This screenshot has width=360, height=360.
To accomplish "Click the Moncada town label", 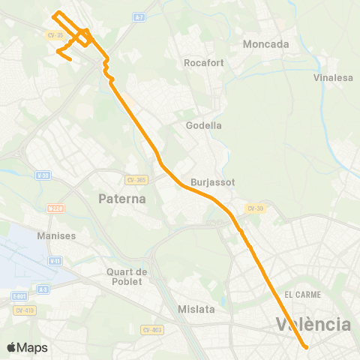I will click(x=266, y=44).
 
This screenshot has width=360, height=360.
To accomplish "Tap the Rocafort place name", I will click(x=201, y=63).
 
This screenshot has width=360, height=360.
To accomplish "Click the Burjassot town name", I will click(x=213, y=182).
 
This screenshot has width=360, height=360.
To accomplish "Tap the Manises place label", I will click(x=56, y=235).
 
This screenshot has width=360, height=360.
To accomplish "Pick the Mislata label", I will click(x=196, y=308).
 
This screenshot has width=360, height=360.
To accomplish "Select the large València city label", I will click(x=313, y=325).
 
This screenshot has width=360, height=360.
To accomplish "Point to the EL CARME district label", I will click(x=303, y=295).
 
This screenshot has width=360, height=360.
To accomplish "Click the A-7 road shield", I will click(x=139, y=16).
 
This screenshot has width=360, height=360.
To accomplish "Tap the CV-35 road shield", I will click(x=53, y=34).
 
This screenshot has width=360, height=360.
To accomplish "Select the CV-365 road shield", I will click(x=137, y=179).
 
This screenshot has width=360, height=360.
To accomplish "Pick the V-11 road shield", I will click(x=54, y=261).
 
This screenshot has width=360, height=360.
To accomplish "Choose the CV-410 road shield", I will click(x=25, y=310).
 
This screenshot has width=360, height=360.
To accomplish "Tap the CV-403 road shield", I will click(x=151, y=329).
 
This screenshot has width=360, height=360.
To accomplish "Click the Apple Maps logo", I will click(x=27, y=347).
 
